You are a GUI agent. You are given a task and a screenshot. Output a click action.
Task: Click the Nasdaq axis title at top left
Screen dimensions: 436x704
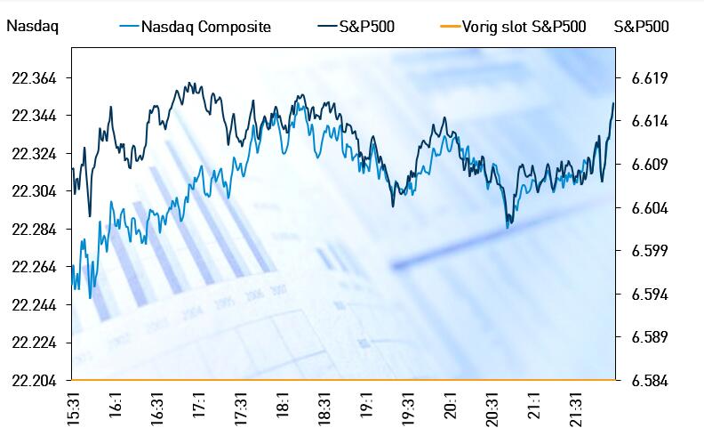pyautogui.click(x=32, y=27)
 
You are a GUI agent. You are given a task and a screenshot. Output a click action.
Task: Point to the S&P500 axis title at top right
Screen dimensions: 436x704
pyautogui.click(x=641, y=27)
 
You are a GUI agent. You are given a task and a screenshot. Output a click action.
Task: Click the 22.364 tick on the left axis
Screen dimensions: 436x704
pyautogui.click(x=34, y=79)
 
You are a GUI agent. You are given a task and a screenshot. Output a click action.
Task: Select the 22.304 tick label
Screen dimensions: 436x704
pyautogui.click(x=34, y=191)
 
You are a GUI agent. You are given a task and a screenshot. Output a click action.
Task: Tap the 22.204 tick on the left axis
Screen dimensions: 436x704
pyautogui.click(x=34, y=381)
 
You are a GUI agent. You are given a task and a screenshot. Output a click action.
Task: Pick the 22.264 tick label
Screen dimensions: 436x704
pyautogui.click(x=34, y=267)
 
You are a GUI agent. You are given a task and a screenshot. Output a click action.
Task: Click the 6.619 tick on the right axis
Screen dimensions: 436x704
pyautogui.click(x=649, y=79)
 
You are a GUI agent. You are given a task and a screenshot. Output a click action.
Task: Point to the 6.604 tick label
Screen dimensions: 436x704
pyautogui.click(x=649, y=208)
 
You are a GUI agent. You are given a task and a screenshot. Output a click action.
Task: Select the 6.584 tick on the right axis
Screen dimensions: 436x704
pyautogui.click(x=649, y=381)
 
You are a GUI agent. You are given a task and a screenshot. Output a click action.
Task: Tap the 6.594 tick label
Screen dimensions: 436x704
pyautogui.click(x=649, y=295)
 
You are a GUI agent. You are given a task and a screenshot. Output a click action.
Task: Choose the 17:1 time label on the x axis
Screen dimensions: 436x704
pyautogui.click(x=200, y=406)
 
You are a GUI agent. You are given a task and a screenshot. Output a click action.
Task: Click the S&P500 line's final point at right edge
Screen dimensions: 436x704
pyautogui.click(x=613, y=104)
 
